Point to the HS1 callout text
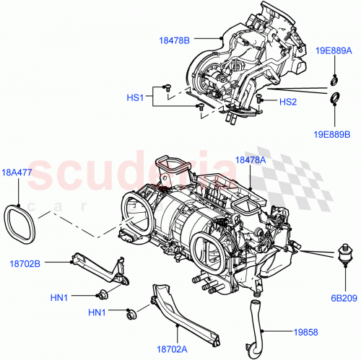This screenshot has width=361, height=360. [x=136, y=96]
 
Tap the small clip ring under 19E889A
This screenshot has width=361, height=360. [x=334, y=79]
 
